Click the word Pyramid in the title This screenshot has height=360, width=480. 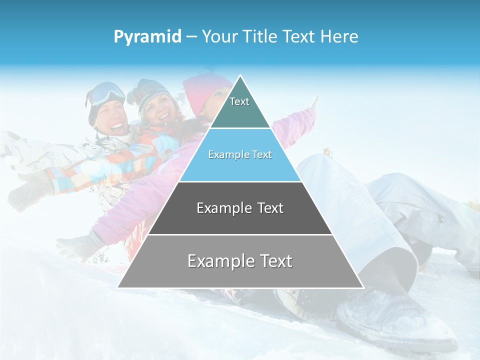[147, 37]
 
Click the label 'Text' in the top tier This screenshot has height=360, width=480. [239, 101]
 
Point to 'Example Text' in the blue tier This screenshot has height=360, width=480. [240, 154]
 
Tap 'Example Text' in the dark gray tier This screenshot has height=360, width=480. [240, 208]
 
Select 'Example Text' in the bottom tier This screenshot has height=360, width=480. [240, 261]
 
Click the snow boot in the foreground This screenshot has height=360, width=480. [395, 315]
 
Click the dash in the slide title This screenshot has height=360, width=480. [191, 37]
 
